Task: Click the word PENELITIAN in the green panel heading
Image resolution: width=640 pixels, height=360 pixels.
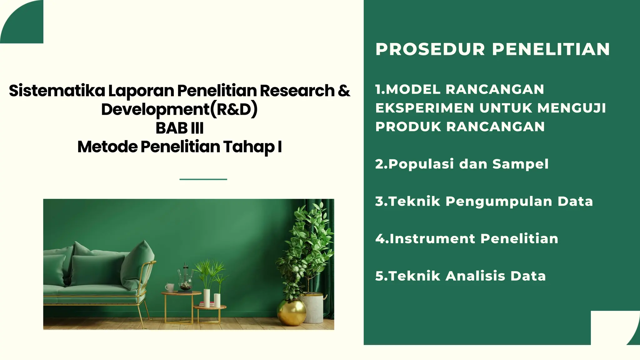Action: (x=551, y=49)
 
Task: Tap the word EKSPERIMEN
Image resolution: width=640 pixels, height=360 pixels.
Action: (x=425, y=108)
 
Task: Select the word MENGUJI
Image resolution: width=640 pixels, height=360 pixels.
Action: (x=572, y=108)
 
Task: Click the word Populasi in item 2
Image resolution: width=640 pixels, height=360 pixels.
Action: (x=421, y=164)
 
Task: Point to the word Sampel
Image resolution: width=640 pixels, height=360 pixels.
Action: (x=520, y=164)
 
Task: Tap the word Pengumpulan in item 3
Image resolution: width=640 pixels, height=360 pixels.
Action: (x=499, y=201)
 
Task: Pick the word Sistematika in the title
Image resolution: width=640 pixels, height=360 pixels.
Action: (x=57, y=91)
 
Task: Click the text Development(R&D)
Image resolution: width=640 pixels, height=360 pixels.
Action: (x=179, y=109)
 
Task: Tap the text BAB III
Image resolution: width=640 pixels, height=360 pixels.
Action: (x=179, y=128)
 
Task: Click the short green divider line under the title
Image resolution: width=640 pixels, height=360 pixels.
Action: (x=203, y=179)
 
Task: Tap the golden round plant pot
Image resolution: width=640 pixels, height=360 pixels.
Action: (x=292, y=312)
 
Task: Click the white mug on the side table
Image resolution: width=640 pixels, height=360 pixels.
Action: (x=169, y=287)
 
